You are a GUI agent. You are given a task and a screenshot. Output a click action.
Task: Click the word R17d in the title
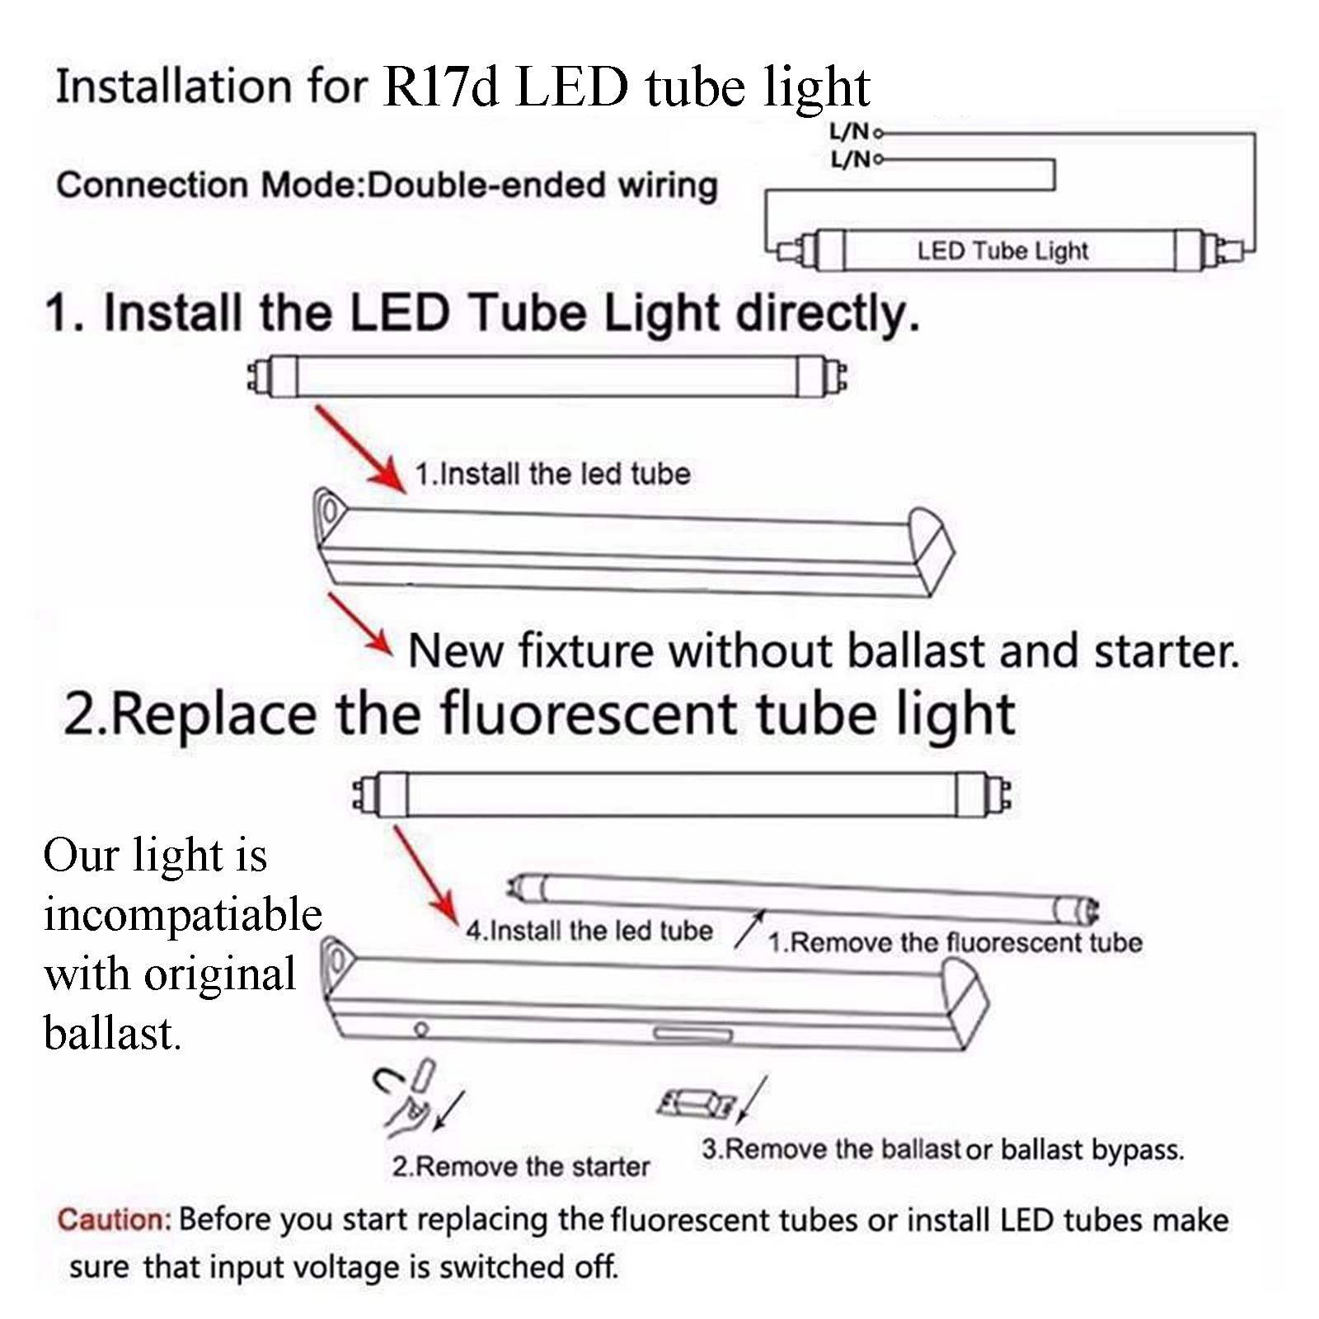tap(441, 87)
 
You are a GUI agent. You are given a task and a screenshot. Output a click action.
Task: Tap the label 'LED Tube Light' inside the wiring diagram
tap(1002, 251)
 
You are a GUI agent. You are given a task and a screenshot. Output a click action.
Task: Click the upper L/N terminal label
tap(849, 131)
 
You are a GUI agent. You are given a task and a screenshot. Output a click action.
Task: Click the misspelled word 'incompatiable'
tap(182, 915)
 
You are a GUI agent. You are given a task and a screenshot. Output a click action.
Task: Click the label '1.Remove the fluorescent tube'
tap(955, 942)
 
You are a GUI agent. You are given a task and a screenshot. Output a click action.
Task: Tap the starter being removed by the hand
tap(424, 1076)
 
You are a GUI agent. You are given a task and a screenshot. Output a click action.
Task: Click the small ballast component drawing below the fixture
tap(697, 1103)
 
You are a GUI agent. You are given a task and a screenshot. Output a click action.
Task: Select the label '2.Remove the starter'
tap(520, 1166)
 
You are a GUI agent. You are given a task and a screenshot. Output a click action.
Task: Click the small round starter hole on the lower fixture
tap(421, 1029)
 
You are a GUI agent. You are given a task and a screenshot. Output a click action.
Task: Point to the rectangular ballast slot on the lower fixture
tap(692, 1035)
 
